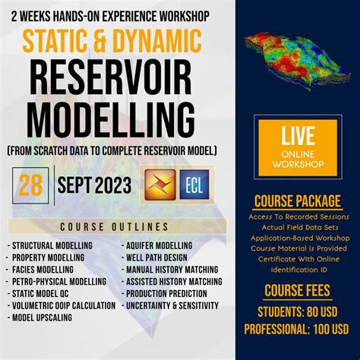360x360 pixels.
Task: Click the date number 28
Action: point(31,184)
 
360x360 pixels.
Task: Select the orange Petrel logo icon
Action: point(159,185)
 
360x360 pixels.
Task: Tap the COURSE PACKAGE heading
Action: point(298,202)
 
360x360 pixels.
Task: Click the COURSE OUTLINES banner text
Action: point(115,226)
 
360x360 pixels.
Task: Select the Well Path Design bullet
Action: point(157,257)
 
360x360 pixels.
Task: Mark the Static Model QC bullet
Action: point(43,293)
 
